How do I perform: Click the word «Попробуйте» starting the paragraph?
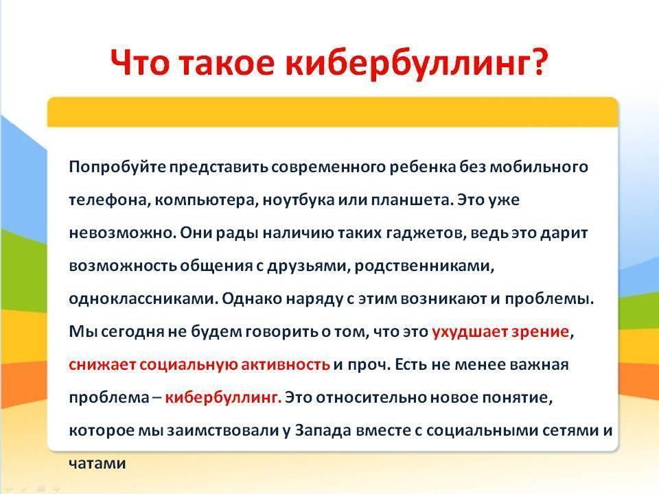click(x=117, y=167)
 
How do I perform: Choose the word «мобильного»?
click(x=540, y=167)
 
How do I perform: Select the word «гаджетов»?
click(x=426, y=233)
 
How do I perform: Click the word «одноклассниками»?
click(x=143, y=299)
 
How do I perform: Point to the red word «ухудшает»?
click(x=470, y=332)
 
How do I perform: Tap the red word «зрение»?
click(x=540, y=332)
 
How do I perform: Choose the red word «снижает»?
click(x=102, y=365)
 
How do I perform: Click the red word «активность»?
click(x=286, y=365)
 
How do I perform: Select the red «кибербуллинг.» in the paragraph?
click(x=222, y=397)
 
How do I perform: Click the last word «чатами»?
click(x=97, y=464)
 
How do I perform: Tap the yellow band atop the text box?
click(x=332, y=112)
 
